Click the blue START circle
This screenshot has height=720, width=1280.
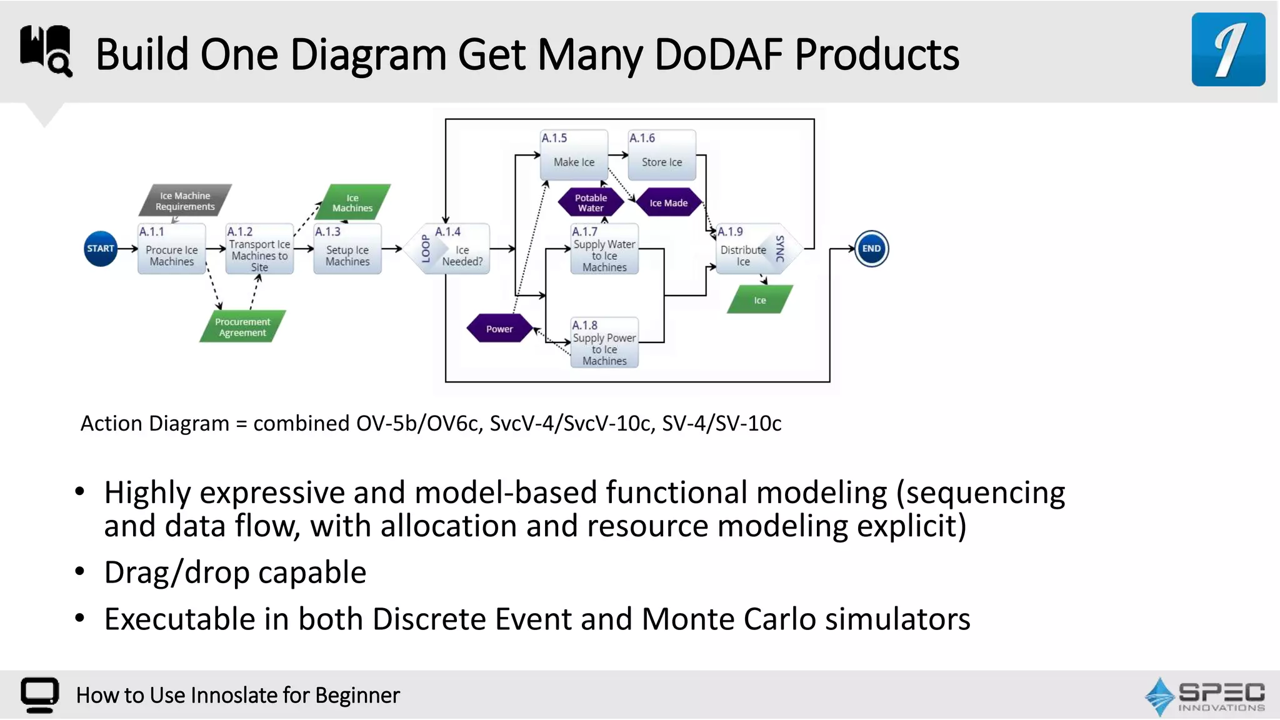[x=101, y=249]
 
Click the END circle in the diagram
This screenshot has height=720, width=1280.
[x=871, y=249]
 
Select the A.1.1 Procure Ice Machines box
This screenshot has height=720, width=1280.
[x=172, y=249]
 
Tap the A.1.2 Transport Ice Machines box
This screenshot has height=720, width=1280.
[x=259, y=249]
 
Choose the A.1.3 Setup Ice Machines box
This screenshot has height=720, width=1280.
[x=347, y=249]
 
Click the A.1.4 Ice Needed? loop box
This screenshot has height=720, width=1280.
[x=454, y=249]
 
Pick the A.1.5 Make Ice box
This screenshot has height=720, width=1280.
[x=574, y=155]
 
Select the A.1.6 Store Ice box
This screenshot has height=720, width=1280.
[x=662, y=155]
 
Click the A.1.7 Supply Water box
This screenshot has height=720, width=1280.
[x=604, y=249]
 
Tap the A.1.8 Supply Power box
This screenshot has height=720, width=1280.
[x=604, y=342]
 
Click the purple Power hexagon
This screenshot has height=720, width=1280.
[x=499, y=329]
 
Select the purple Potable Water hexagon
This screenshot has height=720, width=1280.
[x=591, y=202]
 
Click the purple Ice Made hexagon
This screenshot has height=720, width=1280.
[x=669, y=202]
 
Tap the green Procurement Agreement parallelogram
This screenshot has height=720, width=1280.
[x=242, y=327]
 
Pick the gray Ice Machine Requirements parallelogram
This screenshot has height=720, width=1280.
[x=185, y=201]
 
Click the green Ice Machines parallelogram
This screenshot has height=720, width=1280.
[x=352, y=202]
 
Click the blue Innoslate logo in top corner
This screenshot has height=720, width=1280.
[x=1228, y=49]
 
